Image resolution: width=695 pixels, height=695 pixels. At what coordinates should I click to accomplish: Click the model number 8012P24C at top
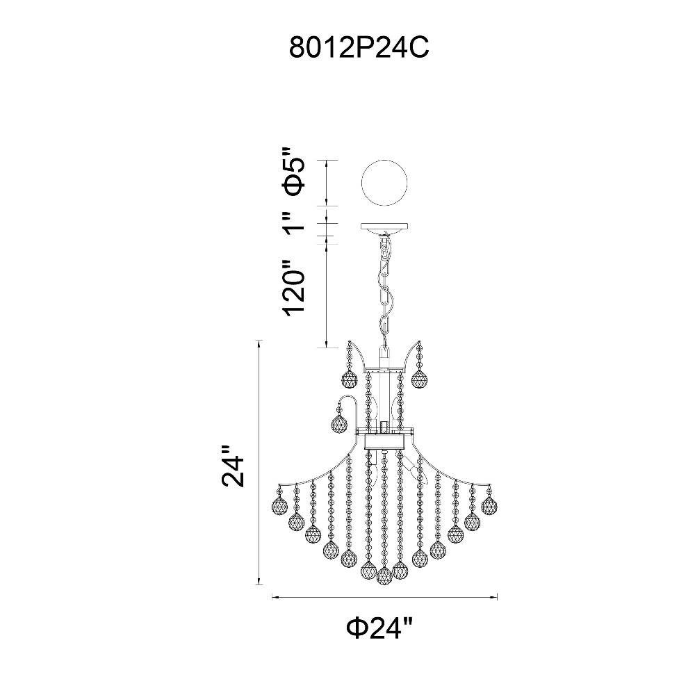click(x=359, y=47)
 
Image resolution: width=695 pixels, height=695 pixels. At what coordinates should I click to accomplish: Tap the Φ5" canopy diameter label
click(x=295, y=171)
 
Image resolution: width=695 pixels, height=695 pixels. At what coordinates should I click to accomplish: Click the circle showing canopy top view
click(x=384, y=183)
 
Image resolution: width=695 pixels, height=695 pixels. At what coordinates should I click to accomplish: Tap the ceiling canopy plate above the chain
click(x=384, y=228)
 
